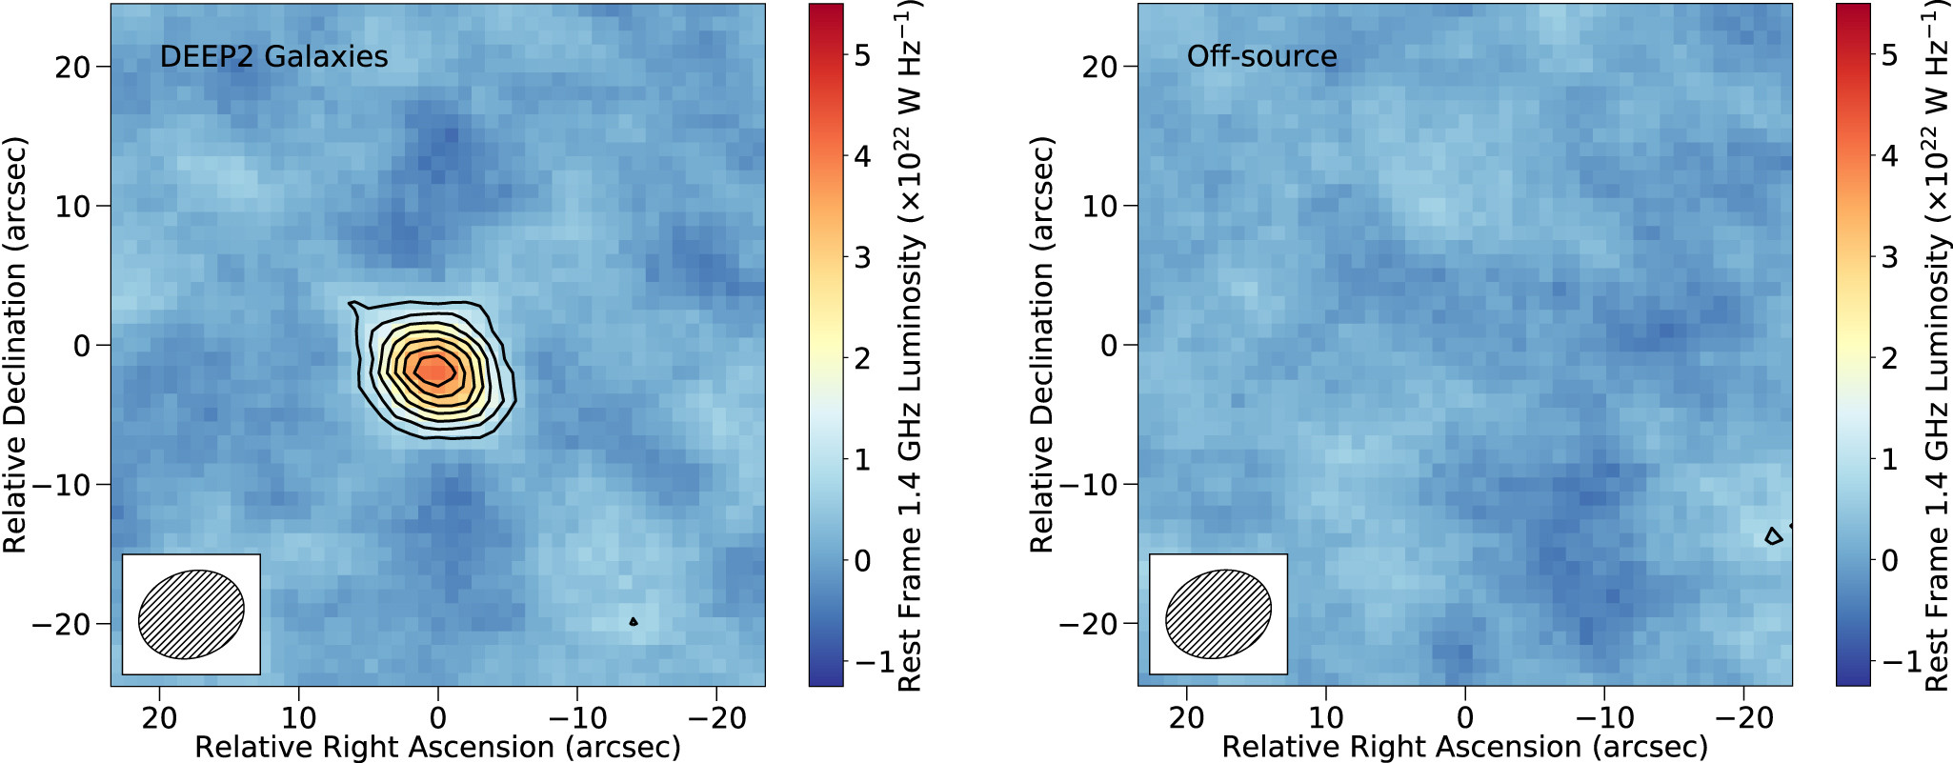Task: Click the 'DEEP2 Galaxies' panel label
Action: point(273,56)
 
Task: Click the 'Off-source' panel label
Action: point(1261,56)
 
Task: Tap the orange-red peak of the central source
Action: point(435,368)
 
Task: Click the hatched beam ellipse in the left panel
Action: point(191,614)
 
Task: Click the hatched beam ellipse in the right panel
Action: point(1218,614)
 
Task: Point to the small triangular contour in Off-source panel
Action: point(1773,537)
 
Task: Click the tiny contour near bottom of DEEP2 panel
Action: point(634,622)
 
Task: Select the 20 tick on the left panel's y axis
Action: point(71,67)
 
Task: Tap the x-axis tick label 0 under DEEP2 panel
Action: point(437,717)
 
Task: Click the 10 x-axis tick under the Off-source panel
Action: point(1325,717)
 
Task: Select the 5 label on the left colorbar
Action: point(862,55)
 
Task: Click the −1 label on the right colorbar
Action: point(1901,661)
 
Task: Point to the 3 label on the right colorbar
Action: point(1889,257)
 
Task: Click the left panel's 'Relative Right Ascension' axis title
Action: point(437,747)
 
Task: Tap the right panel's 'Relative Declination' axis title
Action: point(1042,345)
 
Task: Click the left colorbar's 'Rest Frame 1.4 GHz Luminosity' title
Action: point(910,345)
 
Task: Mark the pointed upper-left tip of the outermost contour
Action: point(351,303)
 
